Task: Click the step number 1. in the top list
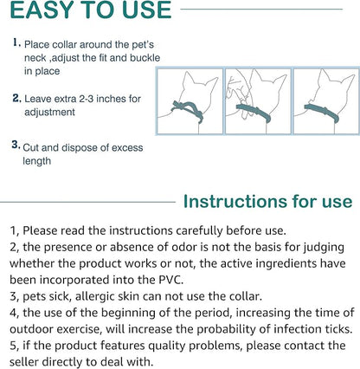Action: pyautogui.click(x=17, y=42)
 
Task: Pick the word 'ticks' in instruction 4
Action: pyautogui.click(x=333, y=329)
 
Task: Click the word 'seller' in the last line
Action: pyautogui.click(x=30, y=362)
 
